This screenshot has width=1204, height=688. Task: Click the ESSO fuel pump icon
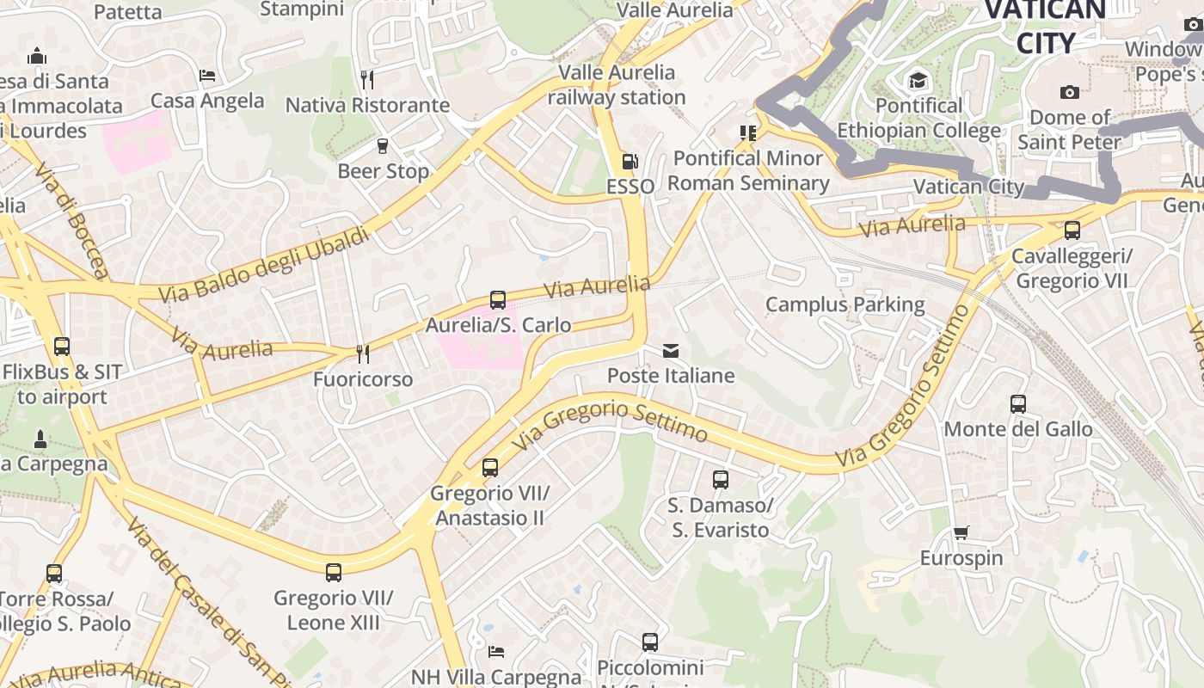pyautogui.click(x=630, y=162)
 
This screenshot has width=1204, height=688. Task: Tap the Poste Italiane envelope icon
pyautogui.click(x=671, y=351)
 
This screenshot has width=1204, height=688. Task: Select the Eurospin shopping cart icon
pyautogui.click(x=961, y=533)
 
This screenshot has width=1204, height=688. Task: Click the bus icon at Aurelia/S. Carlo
pyautogui.click(x=498, y=300)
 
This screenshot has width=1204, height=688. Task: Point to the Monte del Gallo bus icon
pyautogui.click(x=1018, y=404)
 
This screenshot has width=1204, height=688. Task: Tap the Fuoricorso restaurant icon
pyautogui.click(x=363, y=354)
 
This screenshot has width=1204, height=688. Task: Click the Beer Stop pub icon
pyautogui.click(x=383, y=146)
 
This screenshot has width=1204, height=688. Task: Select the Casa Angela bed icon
pyautogui.click(x=206, y=76)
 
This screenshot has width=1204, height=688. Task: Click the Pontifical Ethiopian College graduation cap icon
pyautogui.click(x=918, y=82)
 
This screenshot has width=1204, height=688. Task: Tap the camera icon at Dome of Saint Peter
pyautogui.click(x=1070, y=92)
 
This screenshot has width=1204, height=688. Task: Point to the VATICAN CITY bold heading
pyautogui.click(x=1045, y=26)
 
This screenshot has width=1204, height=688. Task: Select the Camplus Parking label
pyautogui.click(x=845, y=304)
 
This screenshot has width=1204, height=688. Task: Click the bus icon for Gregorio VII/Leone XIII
pyautogui.click(x=334, y=573)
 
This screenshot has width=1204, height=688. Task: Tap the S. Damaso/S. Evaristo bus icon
pyautogui.click(x=721, y=480)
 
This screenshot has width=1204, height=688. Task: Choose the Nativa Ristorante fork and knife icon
pyautogui.click(x=367, y=80)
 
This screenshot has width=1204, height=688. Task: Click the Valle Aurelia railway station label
pyautogui.click(x=617, y=84)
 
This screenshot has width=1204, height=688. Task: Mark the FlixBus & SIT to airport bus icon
pyautogui.click(x=62, y=347)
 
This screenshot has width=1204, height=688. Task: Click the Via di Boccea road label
pyautogui.click(x=71, y=221)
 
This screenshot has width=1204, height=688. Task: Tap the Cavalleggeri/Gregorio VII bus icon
pyautogui.click(x=1072, y=230)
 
